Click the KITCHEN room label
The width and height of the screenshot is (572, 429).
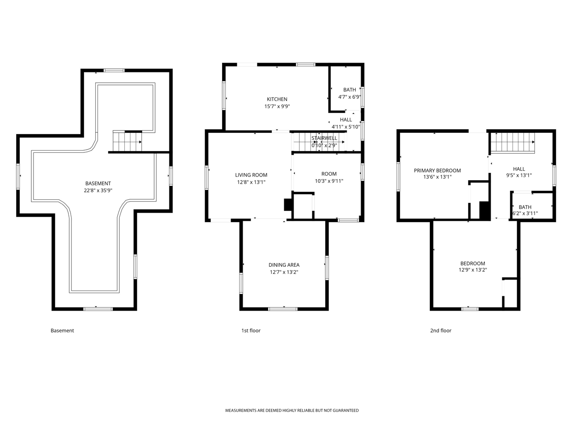tap(277, 99)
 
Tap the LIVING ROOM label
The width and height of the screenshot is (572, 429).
tap(251, 175)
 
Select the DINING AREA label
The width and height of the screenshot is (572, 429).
tap(284, 265)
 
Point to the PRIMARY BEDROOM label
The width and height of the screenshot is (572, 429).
tap(437, 171)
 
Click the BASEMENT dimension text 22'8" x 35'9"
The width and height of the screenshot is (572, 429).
tap(98, 190)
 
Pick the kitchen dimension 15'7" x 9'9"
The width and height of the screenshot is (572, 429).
tap(277, 106)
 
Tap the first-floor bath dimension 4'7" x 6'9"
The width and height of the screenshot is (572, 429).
tap(349, 97)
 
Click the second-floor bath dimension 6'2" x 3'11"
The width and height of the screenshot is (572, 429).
tap(525, 214)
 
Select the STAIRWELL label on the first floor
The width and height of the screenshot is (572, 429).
tap(324, 138)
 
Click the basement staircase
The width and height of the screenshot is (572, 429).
tap(127, 142)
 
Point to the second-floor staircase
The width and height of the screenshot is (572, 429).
tap(513, 143)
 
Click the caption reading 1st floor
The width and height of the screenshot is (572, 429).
tap(251, 331)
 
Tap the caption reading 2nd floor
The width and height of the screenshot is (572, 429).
tap(441, 331)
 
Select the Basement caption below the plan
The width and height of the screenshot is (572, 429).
tap(62, 331)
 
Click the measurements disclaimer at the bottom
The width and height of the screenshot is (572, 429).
tap(292, 411)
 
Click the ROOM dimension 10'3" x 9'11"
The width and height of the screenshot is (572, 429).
tap(329, 181)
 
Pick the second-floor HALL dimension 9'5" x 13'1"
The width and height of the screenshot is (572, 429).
tap(519, 175)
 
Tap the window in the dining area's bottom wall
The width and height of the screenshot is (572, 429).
tap(283, 309)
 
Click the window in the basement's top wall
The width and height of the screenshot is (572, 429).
tap(114, 70)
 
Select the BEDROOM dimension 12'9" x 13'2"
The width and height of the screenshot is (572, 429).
tap(473, 270)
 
